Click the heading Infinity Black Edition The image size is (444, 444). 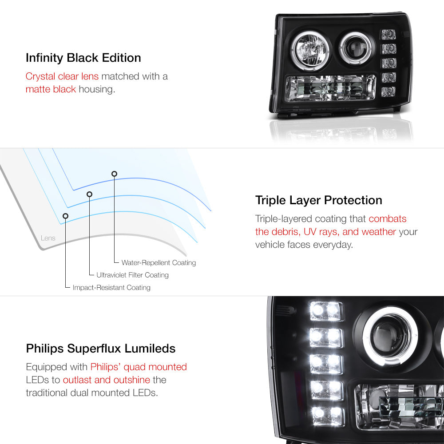tap(83, 58)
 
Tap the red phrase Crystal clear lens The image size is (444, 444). tap(62, 76)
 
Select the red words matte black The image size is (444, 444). tap(51, 89)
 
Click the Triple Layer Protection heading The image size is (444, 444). tap(318, 201)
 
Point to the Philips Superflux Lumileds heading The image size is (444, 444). tap(100, 349)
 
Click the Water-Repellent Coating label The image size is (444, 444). tap(159, 263)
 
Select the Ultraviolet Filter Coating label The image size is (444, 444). tap(132, 275)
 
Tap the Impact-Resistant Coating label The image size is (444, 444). tap(111, 287)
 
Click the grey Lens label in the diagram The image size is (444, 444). tap(48, 238)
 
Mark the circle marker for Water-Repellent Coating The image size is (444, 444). tap(114, 174)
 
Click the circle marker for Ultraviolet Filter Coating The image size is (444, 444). tap(90, 194)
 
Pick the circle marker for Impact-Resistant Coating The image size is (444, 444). tap(65, 216)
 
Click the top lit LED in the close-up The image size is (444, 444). tap(326, 311)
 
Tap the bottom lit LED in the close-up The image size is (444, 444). tap(328, 416)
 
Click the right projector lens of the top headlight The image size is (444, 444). tap(355, 48)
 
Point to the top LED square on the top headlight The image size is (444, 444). tap(388, 35)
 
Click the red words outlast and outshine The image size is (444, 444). tap(107, 380)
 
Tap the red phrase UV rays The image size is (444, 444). tap(321, 232)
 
